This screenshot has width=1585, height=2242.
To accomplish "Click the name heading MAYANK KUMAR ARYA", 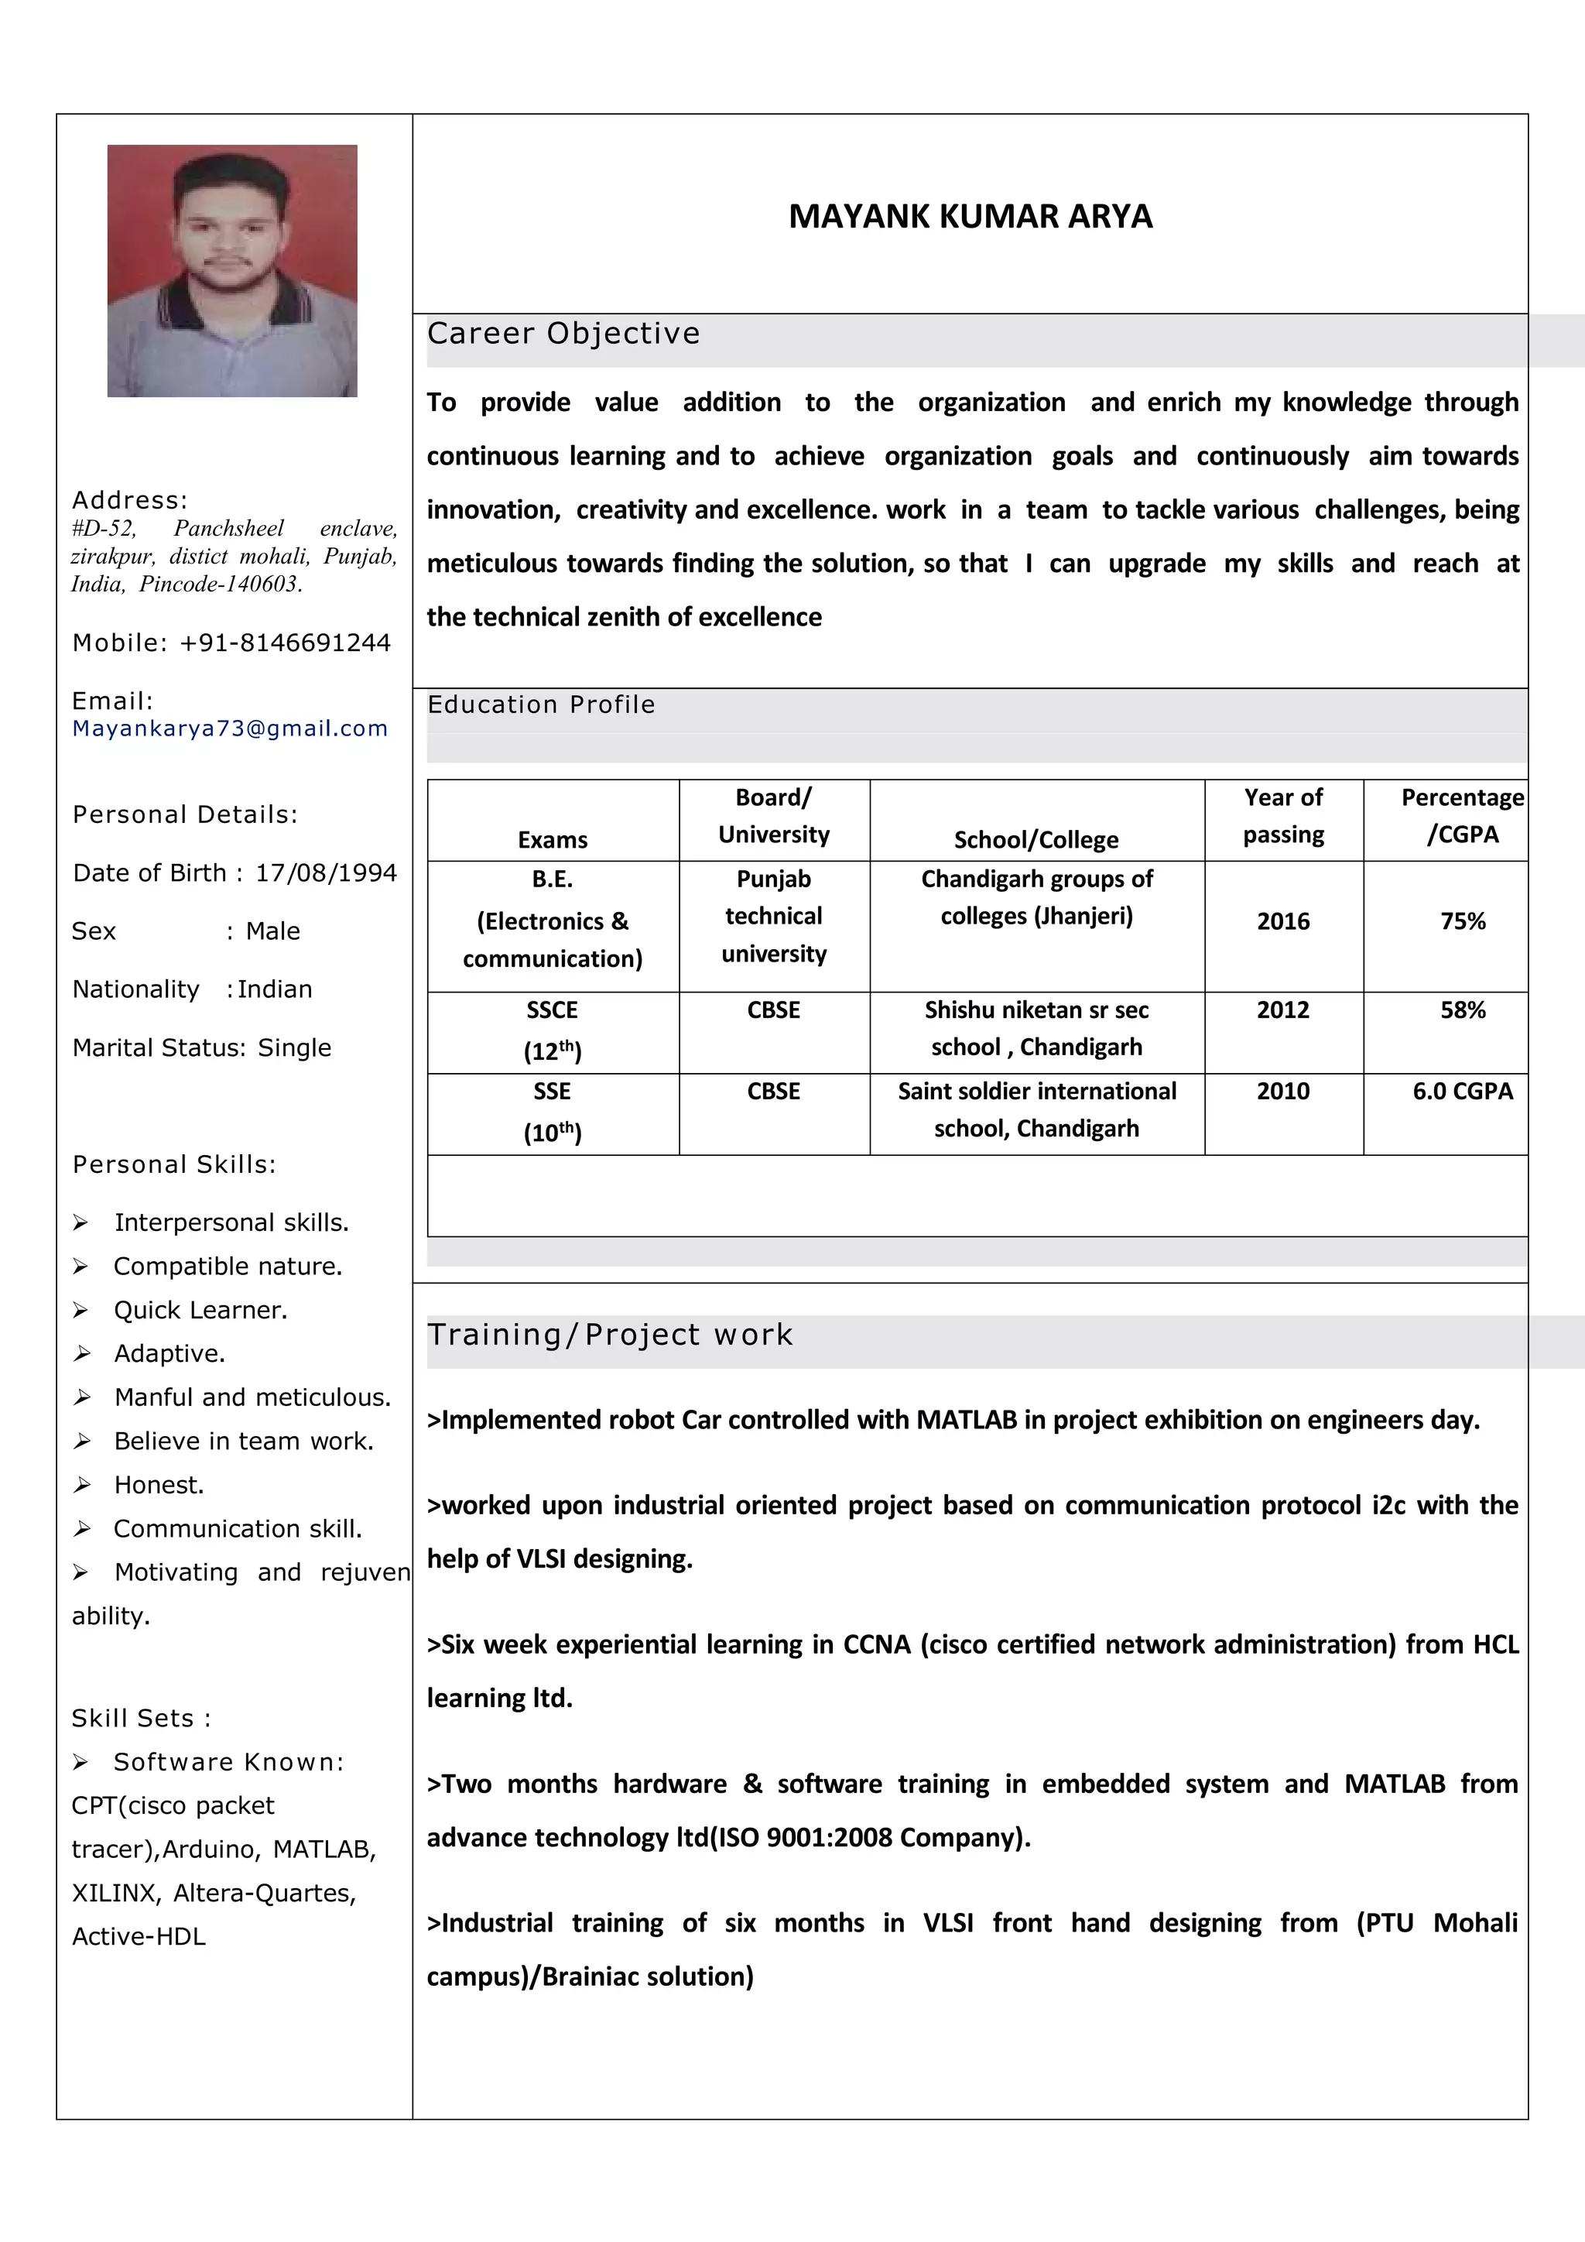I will point(971,216).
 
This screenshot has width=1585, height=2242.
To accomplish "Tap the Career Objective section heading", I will point(563,334).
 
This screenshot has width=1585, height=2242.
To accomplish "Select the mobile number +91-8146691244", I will point(285,643).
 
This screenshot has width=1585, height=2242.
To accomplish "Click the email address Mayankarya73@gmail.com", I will point(231,728).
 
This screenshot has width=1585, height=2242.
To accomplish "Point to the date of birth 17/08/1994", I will point(326,873).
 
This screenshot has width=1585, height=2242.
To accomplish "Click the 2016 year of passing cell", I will point(1282,920).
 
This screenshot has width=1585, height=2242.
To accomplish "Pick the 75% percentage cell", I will point(1462,920).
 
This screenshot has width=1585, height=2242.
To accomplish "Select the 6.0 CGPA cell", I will point(1462,1091).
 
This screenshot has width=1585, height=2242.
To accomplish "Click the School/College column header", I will point(1036,840).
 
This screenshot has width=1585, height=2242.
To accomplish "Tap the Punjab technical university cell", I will point(773,916).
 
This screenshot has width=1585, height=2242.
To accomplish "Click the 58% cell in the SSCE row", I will point(1462,1010).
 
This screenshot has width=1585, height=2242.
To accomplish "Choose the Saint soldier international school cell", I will point(1036,1109).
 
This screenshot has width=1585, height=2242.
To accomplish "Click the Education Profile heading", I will point(541,705).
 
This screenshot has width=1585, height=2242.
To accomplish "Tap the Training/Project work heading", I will point(610,1335).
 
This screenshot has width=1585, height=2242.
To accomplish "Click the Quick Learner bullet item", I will point(200,1311).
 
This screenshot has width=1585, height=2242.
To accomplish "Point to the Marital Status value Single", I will point(294,1047).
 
